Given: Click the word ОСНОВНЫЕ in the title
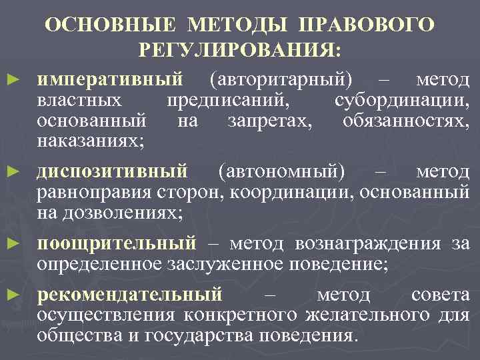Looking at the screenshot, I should pyautogui.click(x=113, y=25).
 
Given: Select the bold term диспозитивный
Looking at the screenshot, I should pyautogui.click(x=112, y=172).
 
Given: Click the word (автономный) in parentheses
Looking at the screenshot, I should pyautogui.click(x=282, y=172).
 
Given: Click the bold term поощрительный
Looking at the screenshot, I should pyautogui.click(x=117, y=243).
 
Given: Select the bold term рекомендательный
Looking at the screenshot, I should pyautogui.click(x=129, y=294).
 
